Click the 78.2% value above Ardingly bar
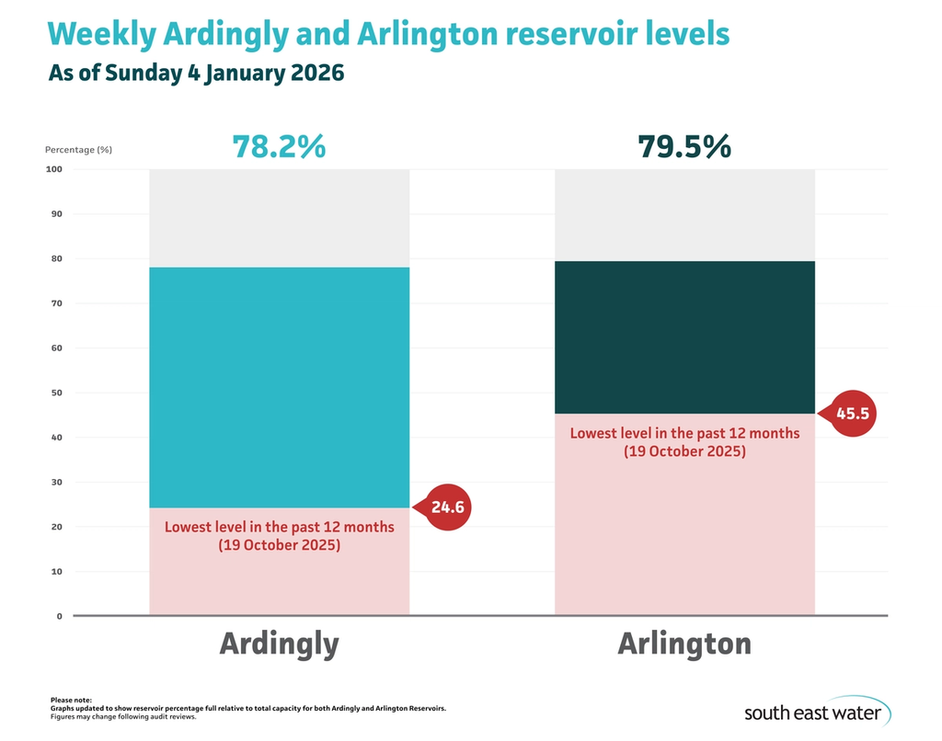[279, 146]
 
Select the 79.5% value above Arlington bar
[684, 146]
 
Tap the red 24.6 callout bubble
[446, 507]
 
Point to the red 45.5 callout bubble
[852, 414]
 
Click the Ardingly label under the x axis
[279, 644]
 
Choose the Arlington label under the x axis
[684, 644]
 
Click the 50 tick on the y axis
[55, 393]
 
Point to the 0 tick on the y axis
[58, 616]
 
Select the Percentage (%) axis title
[78, 149]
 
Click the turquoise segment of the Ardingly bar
[279, 386]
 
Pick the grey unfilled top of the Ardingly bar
[279, 218]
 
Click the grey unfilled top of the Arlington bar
[684, 214]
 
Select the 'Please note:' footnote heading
[72, 701]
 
